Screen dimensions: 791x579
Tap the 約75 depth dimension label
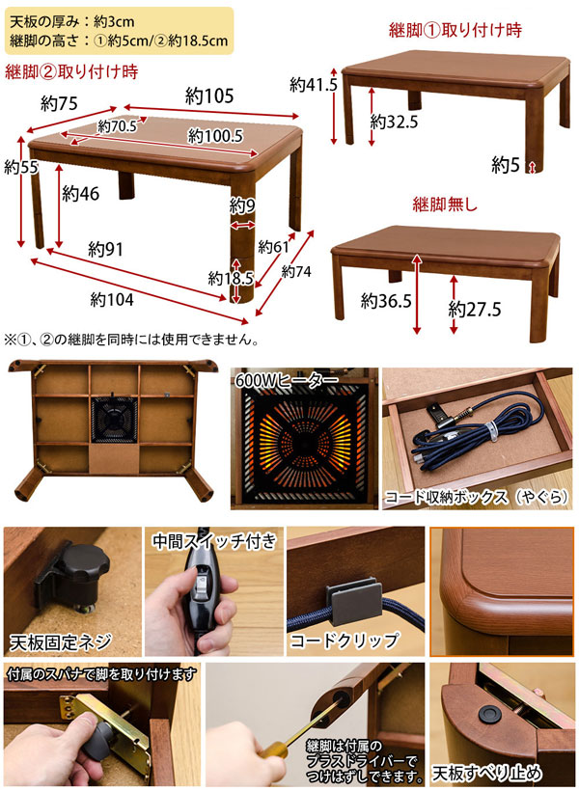61,102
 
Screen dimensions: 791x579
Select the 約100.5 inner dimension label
214,136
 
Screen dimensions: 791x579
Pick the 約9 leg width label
242,205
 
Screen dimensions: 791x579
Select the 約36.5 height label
386,301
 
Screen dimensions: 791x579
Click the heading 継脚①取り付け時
455,30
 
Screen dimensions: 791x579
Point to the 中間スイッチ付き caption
213,541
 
